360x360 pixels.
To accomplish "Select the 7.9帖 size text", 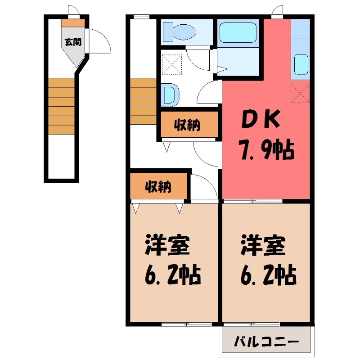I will [x=265, y=149].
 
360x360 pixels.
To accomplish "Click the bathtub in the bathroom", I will [x=238, y=32].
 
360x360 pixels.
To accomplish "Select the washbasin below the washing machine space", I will [x=169, y=94].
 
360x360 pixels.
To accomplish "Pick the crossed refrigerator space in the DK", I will [x=300, y=93].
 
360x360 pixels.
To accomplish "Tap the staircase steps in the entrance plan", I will [x=61, y=106].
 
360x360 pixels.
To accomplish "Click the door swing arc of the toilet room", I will [x=198, y=58].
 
